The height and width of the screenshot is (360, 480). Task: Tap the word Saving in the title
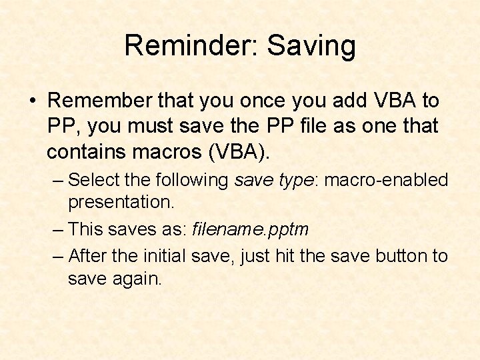(311, 46)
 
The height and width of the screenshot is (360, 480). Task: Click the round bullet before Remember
(32, 101)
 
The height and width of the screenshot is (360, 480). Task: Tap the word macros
(170, 151)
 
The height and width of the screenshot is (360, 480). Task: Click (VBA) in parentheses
(240, 151)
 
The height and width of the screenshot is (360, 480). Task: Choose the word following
(193, 180)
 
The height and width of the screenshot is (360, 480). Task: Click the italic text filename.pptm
(251, 230)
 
